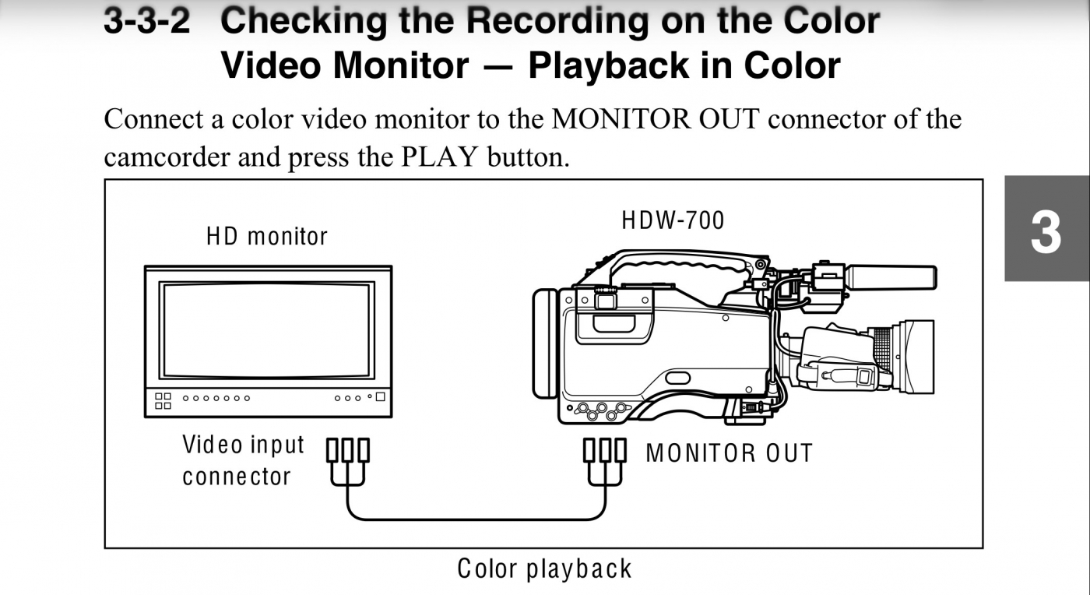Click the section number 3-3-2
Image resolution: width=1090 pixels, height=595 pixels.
click(147, 21)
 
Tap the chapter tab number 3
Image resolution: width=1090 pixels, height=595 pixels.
click(1046, 232)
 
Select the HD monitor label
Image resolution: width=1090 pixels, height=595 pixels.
click(266, 237)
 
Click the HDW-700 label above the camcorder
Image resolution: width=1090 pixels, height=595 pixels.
click(673, 220)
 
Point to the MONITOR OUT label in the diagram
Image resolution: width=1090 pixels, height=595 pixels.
click(729, 453)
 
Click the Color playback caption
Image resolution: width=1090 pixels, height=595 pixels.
click(544, 569)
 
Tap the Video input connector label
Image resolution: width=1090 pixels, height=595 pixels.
click(243, 460)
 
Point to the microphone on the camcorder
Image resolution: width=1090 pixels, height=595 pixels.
click(891, 276)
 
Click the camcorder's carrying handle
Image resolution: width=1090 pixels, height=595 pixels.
click(681, 266)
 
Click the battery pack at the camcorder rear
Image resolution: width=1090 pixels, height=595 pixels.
click(545, 343)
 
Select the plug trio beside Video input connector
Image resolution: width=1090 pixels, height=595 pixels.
click(347, 462)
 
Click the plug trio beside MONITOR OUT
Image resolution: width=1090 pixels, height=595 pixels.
click(605, 462)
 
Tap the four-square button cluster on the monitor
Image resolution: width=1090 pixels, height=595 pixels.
click(163, 401)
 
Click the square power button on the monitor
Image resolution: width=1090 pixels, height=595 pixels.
click(381, 397)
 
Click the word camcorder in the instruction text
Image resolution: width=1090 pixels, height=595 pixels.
click(167, 157)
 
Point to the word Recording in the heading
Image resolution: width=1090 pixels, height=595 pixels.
click(557, 21)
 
